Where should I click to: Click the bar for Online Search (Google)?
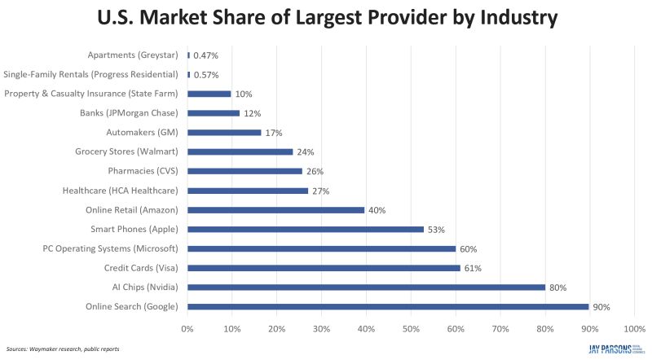click(x=388, y=306)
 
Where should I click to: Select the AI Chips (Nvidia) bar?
click(x=366, y=287)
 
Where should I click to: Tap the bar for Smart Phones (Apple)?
click(x=306, y=229)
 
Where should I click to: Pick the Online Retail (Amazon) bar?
click(x=276, y=209)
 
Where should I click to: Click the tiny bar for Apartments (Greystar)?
click(x=188, y=55)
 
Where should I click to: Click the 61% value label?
click(x=473, y=268)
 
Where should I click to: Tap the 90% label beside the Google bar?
click(x=601, y=307)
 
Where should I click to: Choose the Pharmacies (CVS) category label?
click(x=143, y=171)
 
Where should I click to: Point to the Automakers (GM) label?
click(x=143, y=132)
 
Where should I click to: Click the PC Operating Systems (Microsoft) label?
click(x=111, y=248)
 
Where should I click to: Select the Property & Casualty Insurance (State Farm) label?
click(x=90, y=94)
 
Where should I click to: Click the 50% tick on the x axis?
click(x=411, y=328)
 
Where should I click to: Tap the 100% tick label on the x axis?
click(x=633, y=328)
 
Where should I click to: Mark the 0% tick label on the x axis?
click(x=187, y=328)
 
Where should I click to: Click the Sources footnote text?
click(x=63, y=349)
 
